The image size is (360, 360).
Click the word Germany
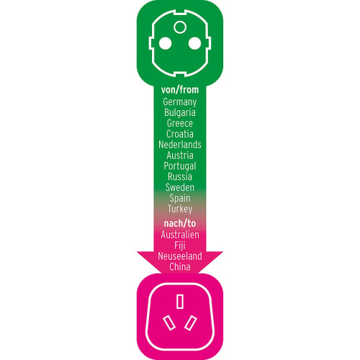coord(180,102)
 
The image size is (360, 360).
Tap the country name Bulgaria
coord(180,112)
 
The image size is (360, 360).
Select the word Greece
coord(180,123)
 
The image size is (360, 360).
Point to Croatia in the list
coord(180,134)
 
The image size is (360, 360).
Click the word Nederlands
coord(180,145)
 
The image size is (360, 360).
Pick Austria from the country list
coord(180,156)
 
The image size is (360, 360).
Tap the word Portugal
coord(180,166)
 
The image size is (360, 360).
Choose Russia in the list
coord(180,176)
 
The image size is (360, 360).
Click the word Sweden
coord(180,187)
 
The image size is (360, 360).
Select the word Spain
coord(180,198)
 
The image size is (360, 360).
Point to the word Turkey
coord(180,209)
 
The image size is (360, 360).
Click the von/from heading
coord(180,90)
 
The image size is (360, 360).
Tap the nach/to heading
coord(180,223)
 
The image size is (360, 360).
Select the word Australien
coord(180,235)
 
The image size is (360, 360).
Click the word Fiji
coord(180,246)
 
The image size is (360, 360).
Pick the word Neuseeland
coord(180,256)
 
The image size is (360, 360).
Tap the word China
coord(180,267)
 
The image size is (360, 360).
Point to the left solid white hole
coord(165,43)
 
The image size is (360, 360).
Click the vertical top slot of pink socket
coord(180,302)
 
